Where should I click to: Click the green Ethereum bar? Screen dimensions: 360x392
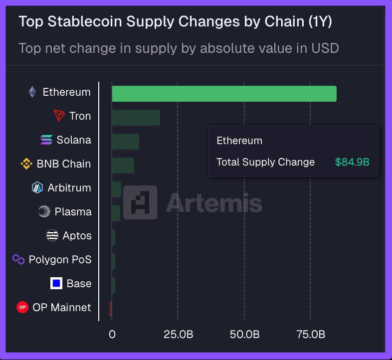click(224, 94)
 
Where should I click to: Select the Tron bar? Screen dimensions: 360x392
click(136, 118)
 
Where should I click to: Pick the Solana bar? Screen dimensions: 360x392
click(125, 142)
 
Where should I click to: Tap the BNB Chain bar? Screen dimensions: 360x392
click(123, 166)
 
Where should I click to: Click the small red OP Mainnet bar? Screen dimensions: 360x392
click(111, 309)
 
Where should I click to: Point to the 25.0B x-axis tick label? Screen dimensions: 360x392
click(178, 334)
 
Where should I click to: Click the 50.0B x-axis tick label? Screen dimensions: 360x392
click(244, 334)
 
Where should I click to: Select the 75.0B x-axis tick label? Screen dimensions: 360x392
click(311, 334)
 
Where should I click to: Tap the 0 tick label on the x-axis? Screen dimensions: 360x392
click(112, 334)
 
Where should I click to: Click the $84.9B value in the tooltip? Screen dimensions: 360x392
click(352, 162)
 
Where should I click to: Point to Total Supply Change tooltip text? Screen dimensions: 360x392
click(265, 162)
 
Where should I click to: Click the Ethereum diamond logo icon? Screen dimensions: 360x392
click(32, 92)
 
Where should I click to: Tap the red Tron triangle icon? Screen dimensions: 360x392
click(59, 116)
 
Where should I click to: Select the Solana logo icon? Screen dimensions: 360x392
click(46, 140)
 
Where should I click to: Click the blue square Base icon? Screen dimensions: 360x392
click(56, 283)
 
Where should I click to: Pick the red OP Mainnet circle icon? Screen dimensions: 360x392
click(22, 307)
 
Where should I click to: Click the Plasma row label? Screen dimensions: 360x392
click(73, 212)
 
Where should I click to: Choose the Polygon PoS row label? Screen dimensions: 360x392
click(60, 260)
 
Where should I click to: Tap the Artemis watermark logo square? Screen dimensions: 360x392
click(140, 202)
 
